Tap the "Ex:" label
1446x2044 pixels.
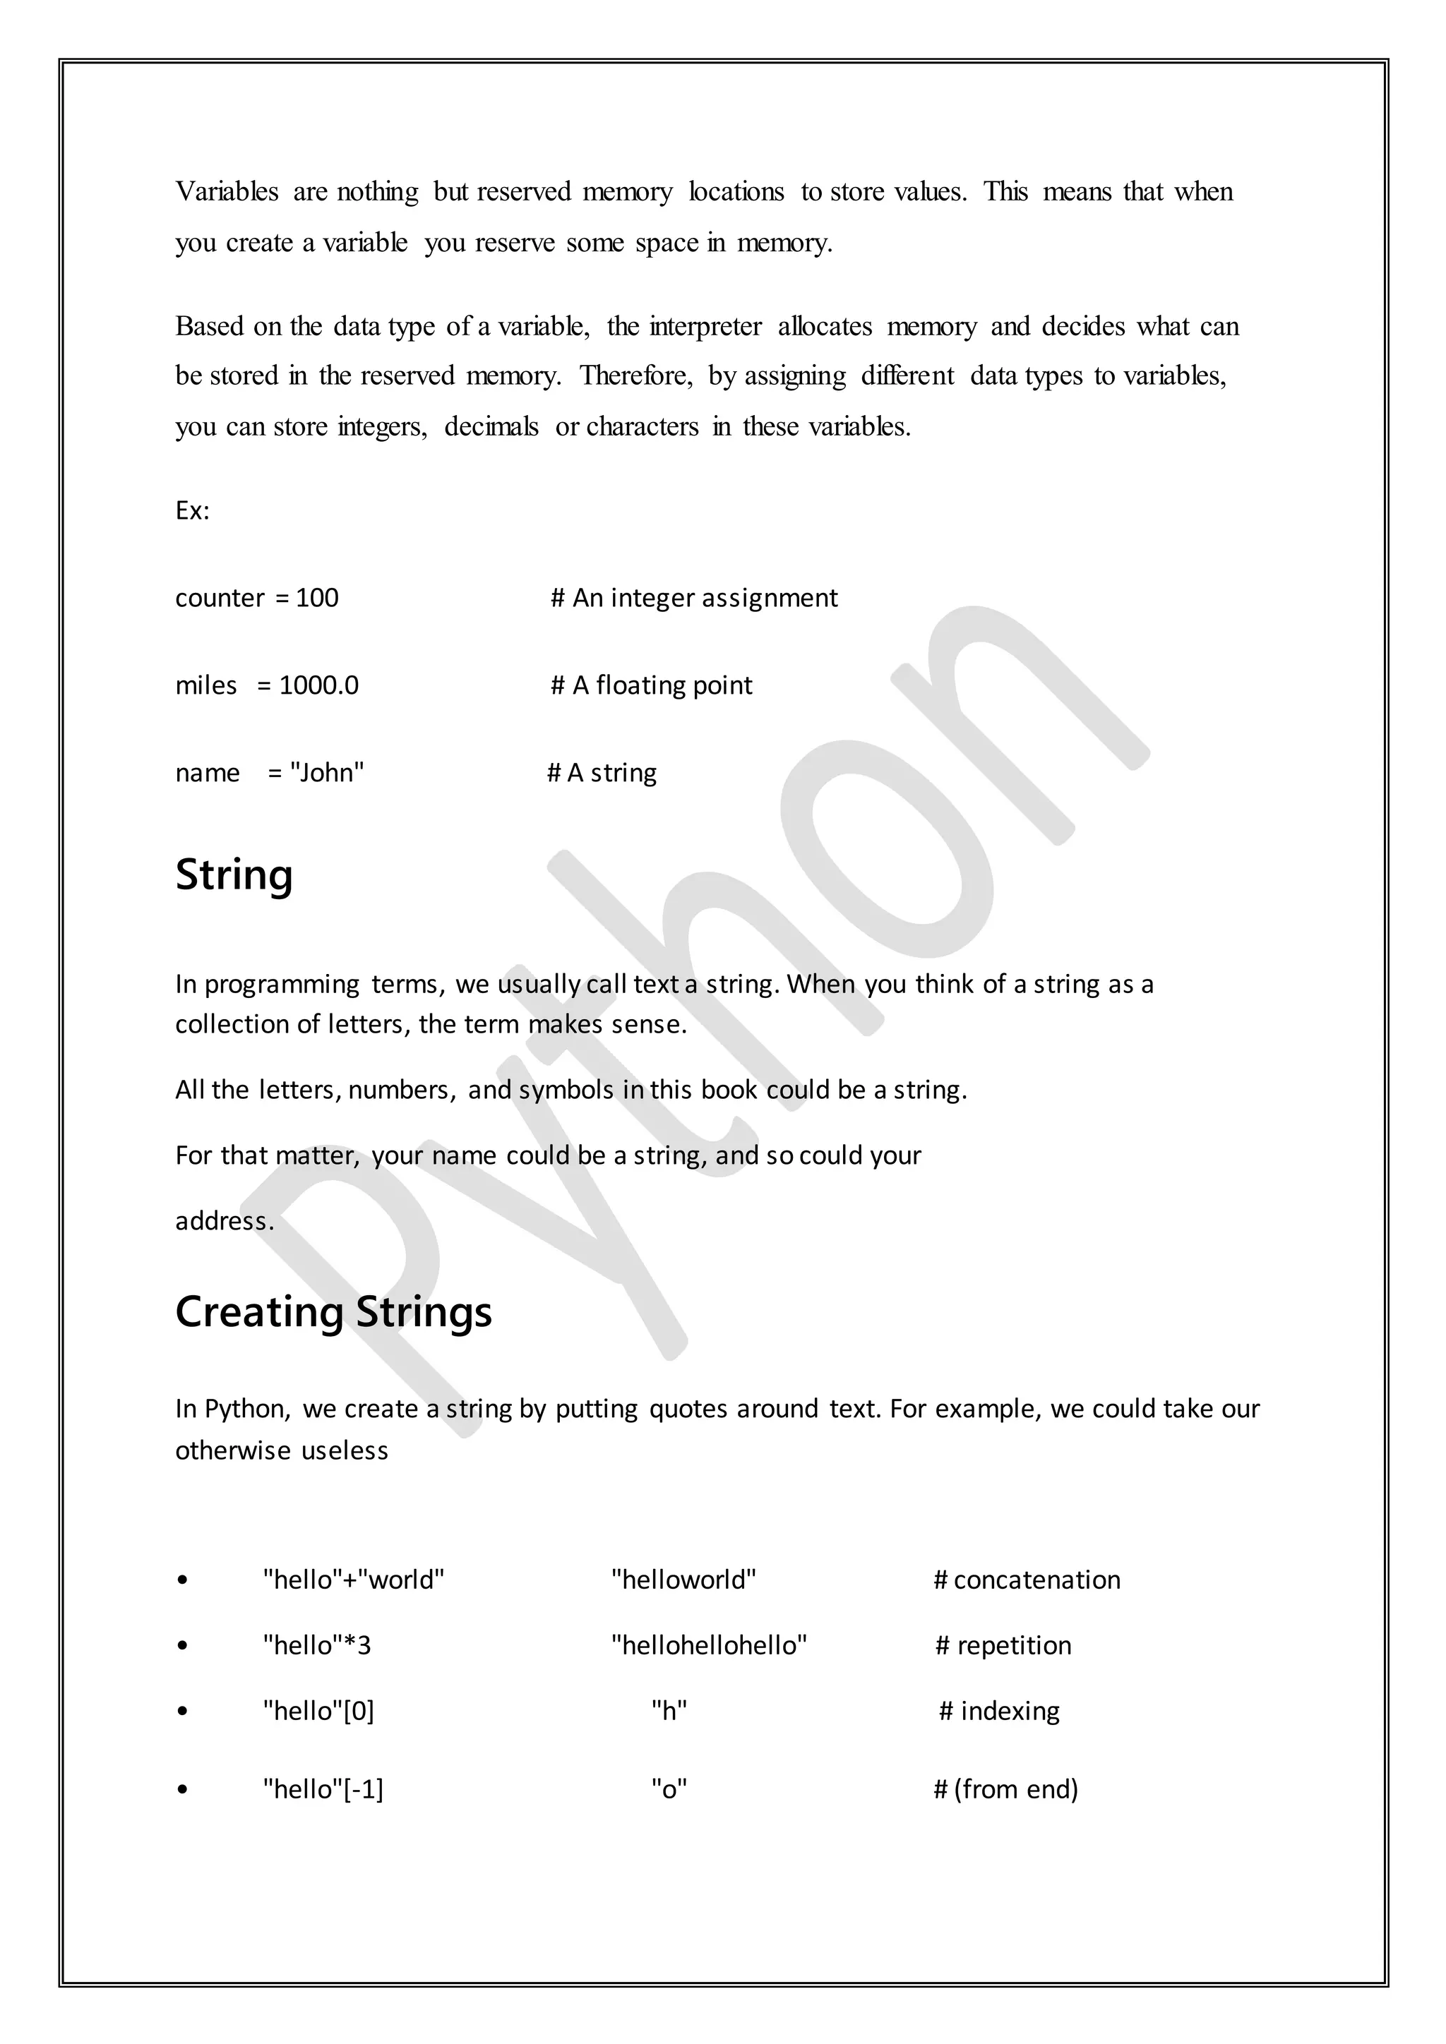[x=192, y=511]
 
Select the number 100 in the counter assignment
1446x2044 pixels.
[x=317, y=599]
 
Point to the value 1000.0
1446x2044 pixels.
[x=318, y=685]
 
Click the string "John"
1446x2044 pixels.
[x=327, y=773]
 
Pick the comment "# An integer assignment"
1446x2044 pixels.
[x=693, y=599]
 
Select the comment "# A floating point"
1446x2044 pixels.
[x=651, y=685]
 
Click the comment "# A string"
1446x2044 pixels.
[x=602, y=773]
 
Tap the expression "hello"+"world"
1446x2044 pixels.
[x=354, y=1580]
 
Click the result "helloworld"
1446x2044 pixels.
[x=683, y=1580]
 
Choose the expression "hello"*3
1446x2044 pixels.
[x=317, y=1645]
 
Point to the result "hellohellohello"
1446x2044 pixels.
[x=709, y=1645]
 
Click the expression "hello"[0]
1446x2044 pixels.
[x=318, y=1711]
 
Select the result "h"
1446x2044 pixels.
[x=669, y=1711]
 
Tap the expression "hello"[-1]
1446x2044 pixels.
[x=323, y=1789]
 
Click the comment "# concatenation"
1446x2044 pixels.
[x=1027, y=1580]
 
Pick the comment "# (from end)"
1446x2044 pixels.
[x=1005, y=1789]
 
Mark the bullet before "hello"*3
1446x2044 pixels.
[x=183, y=1646]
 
